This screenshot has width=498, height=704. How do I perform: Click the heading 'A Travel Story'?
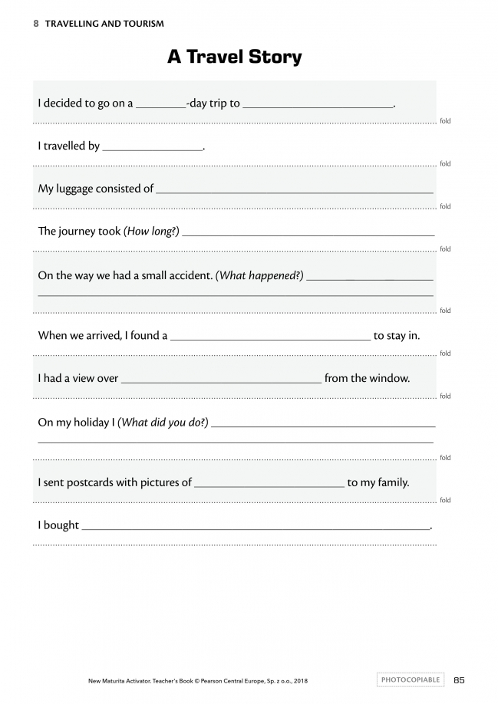pos(234,57)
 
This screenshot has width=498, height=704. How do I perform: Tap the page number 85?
pos(460,679)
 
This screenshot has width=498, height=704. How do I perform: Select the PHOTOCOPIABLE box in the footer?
pos(411,679)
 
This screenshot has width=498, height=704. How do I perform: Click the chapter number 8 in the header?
pos(36,24)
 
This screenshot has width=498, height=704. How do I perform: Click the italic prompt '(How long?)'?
pos(151,231)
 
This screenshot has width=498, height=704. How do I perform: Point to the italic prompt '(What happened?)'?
pos(259,275)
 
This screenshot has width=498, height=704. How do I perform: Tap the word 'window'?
pos(391,378)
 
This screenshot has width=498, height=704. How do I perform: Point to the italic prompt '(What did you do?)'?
pos(163,422)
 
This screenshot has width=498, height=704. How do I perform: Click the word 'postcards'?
pos(90,482)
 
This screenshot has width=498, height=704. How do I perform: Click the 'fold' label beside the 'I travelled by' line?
pos(445,163)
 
